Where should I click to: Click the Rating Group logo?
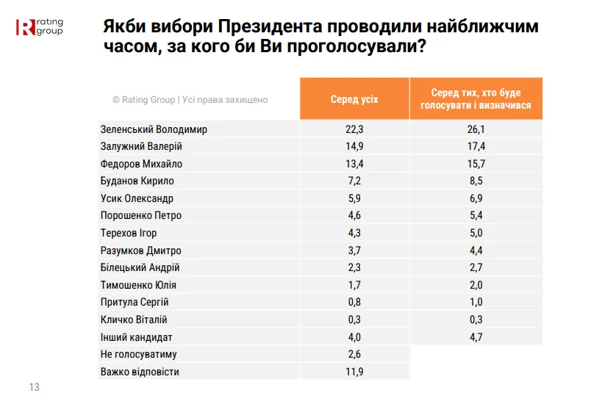click(x=39, y=27)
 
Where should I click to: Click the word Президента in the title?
click(x=270, y=26)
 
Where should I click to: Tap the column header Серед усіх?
click(x=354, y=99)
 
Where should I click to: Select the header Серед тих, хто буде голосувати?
click(x=476, y=99)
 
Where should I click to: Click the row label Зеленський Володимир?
click(x=154, y=129)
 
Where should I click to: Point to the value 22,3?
click(x=354, y=129)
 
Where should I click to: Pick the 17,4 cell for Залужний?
click(x=476, y=146)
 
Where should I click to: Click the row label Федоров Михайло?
click(x=141, y=164)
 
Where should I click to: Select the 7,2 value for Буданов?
click(x=354, y=181)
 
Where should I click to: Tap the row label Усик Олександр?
click(x=137, y=198)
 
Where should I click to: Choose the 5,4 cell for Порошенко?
click(x=476, y=215)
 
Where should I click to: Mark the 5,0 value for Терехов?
click(x=476, y=233)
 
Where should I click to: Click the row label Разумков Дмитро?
click(x=140, y=250)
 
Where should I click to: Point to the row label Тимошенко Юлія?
click(x=138, y=285)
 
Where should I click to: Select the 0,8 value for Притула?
click(x=354, y=302)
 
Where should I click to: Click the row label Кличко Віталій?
click(x=134, y=320)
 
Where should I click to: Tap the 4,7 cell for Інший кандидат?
click(x=476, y=337)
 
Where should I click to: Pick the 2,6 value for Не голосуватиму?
click(x=354, y=354)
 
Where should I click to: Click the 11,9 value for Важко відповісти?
click(x=354, y=372)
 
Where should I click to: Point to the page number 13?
click(x=34, y=387)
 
